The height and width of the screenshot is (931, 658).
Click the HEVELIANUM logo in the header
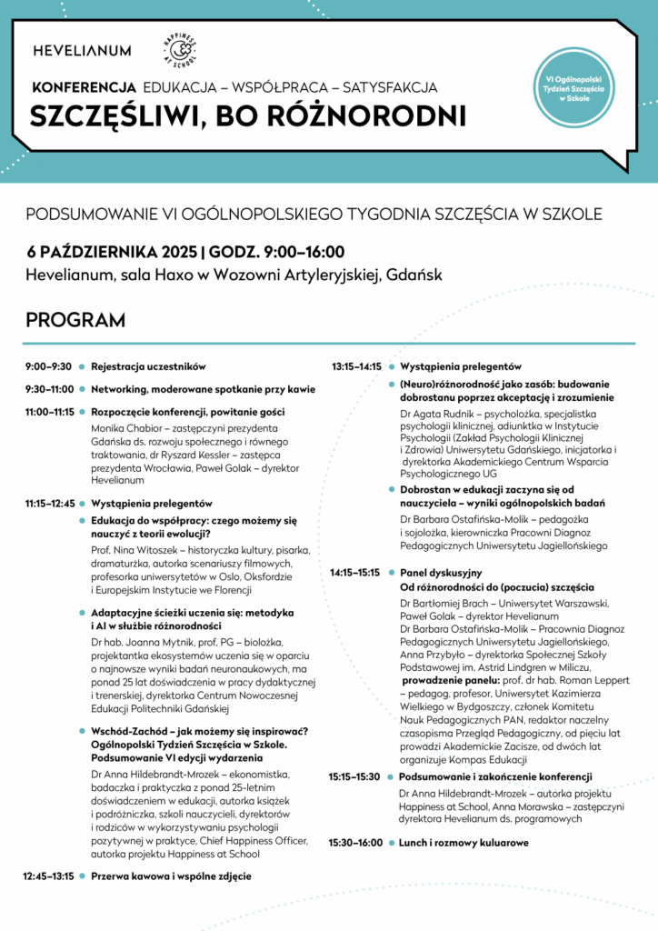[82, 51]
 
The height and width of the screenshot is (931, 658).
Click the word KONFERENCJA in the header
[84, 88]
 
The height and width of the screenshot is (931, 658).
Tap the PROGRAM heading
[75, 320]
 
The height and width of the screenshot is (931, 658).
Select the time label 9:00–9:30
[49, 366]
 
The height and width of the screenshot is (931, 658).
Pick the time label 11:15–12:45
[50, 503]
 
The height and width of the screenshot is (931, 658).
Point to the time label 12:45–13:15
[49, 876]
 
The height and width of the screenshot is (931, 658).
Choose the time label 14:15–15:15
[355, 573]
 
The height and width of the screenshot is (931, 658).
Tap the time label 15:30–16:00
[355, 843]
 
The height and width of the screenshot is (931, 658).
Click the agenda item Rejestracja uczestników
[148, 366]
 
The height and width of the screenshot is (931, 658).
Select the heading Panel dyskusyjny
[441, 573]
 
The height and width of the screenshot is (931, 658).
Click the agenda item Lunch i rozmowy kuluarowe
[464, 843]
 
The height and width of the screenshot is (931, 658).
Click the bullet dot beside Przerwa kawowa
[81, 876]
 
